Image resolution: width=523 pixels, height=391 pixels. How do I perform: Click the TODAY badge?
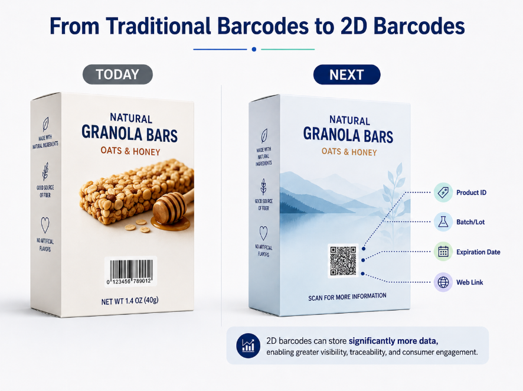pos(117,74)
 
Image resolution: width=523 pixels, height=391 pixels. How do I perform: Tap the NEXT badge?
pos(347,74)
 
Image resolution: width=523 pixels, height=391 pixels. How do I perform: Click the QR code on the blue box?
pos(343,261)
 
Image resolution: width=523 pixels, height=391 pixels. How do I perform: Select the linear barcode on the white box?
pos(131,271)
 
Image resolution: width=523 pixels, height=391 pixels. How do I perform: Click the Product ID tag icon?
pos(443,192)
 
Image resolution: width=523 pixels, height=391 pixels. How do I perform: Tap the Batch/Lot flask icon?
pos(443,222)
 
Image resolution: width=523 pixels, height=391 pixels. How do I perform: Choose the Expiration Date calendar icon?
pos(443,252)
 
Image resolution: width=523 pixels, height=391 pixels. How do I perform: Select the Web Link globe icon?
pos(443,282)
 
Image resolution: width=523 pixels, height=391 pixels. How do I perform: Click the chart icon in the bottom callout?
pos(248,346)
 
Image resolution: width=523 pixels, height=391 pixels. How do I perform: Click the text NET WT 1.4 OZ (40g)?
pos(130,301)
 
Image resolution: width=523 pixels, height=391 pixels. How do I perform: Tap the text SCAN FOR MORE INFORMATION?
pos(347,296)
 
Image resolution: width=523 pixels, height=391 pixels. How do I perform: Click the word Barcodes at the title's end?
pos(419,26)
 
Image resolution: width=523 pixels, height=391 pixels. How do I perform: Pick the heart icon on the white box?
pos(45,225)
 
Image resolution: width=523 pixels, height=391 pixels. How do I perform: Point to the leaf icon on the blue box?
pos(264,136)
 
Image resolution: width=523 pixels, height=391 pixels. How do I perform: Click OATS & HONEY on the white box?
pos(130,151)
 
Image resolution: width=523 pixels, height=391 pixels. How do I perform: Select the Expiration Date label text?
pos(478,252)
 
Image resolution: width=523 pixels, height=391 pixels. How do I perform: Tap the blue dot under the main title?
pos(254,50)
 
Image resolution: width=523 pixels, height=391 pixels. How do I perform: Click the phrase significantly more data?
pos(393,341)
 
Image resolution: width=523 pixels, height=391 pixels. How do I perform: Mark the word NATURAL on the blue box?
pos(349,120)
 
